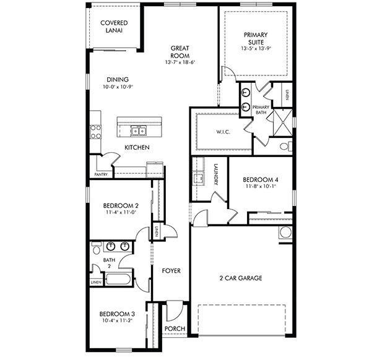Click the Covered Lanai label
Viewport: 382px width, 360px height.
click(x=114, y=27)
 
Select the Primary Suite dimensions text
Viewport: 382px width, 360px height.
click(x=256, y=48)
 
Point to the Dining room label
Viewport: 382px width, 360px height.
click(x=117, y=80)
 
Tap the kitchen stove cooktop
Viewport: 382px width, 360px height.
click(x=96, y=131)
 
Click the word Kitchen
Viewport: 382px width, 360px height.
click(x=137, y=147)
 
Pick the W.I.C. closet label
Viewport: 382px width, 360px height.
click(x=224, y=132)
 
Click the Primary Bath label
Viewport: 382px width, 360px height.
click(x=261, y=109)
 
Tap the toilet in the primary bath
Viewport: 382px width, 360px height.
click(x=285, y=147)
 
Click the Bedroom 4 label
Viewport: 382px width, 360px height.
click(x=256, y=179)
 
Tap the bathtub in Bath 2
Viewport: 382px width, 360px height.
click(x=118, y=278)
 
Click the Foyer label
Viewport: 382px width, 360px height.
click(x=171, y=271)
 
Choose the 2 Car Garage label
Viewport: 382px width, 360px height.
click(x=241, y=278)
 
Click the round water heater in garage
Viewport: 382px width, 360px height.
click(x=285, y=233)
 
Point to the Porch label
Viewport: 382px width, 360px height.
click(x=175, y=328)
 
